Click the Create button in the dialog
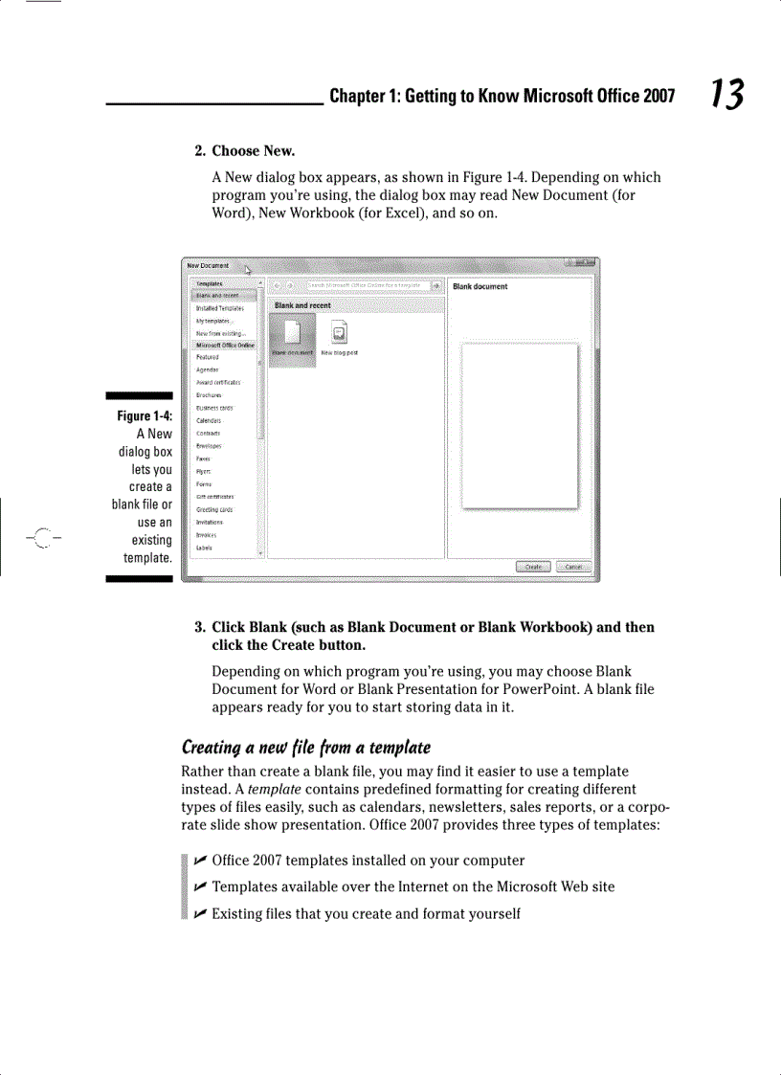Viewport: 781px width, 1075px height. (x=533, y=567)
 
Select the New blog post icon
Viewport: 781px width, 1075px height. (x=339, y=334)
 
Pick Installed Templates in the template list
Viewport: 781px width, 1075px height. (x=219, y=308)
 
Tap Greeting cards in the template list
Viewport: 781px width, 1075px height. (x=213, y=509)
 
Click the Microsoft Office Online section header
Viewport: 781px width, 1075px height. (x=225, y=345)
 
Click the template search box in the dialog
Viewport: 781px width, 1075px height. (x=366, y=285)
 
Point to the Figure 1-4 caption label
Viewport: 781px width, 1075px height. (x=145, y=415)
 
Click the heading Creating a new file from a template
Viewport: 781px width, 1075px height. (x=305, y=747)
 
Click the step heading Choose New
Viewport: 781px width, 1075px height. (x=253, y=151)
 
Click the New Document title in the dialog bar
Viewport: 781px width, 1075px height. (x=208, y=265)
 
